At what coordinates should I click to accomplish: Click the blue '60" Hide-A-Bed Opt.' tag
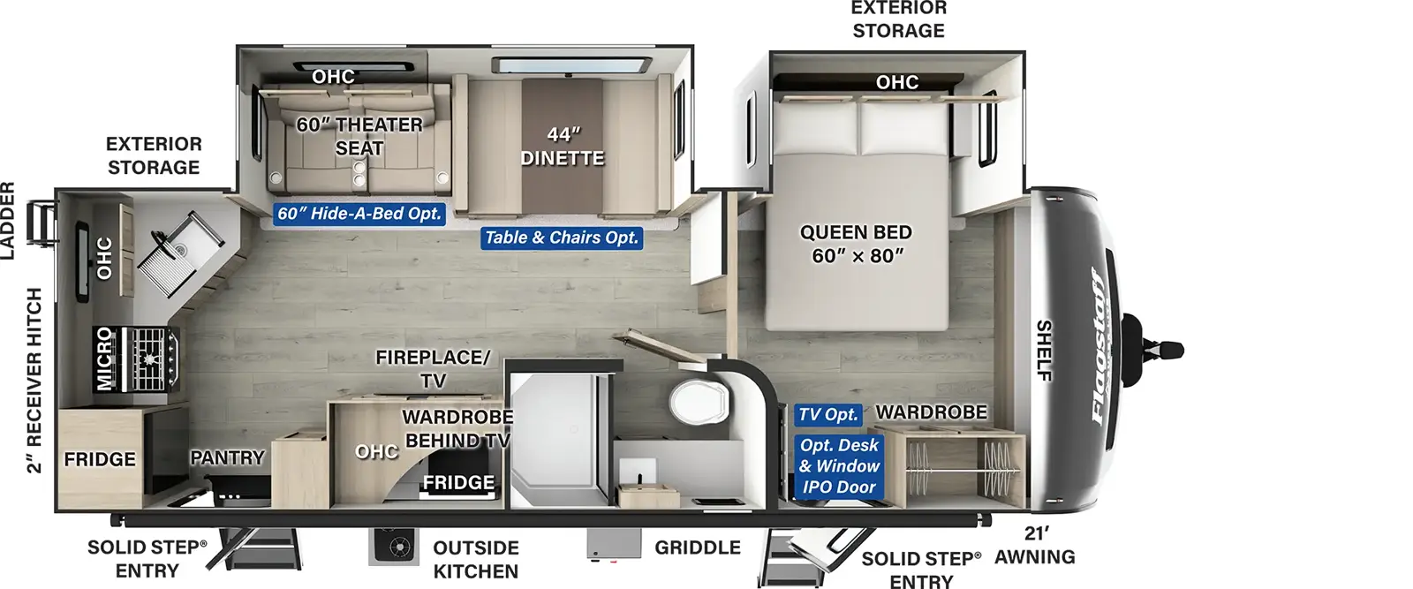coord(359,214)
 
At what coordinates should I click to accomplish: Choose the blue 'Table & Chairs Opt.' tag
coord(562,238)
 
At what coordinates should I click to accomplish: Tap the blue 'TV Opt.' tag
coord(827,414)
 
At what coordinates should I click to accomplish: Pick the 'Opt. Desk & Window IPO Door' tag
coord(839,466)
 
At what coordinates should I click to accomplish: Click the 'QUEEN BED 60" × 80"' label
coord(856,244)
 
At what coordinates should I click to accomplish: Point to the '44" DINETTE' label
coord(562,147)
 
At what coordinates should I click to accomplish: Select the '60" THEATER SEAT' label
coord(359,136)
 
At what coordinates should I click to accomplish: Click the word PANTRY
coord(227,457)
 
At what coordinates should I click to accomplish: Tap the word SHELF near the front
coord(1044,351)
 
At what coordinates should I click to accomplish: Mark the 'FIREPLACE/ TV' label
coord(433,369)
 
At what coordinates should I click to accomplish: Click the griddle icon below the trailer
coord(614,544)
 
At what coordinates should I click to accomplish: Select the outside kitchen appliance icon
coord(394,546)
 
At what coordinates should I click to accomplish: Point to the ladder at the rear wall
coord(42,223)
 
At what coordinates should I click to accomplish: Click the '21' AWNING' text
coord(1034,546)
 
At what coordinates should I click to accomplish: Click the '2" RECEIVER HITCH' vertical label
coord(34,381)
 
